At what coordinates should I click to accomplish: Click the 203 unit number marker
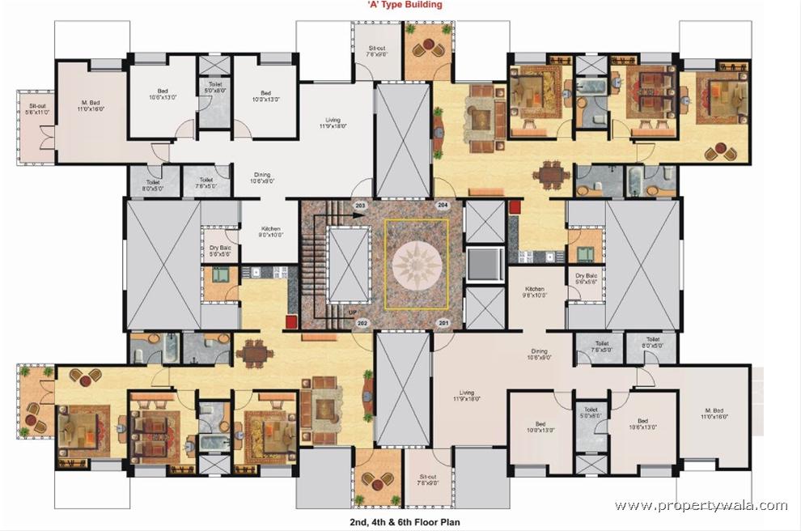360,206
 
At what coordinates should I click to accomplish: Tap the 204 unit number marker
443,206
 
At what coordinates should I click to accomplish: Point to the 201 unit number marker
443,324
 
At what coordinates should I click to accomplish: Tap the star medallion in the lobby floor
417,265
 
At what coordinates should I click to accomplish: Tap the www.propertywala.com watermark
701,505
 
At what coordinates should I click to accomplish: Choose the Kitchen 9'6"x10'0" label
535,292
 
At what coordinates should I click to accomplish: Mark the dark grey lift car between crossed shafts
484,264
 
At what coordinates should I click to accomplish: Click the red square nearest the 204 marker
514,208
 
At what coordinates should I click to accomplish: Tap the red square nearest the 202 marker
290,321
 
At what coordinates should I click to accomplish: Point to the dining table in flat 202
254,352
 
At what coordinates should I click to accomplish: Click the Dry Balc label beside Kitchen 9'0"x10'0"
220,253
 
